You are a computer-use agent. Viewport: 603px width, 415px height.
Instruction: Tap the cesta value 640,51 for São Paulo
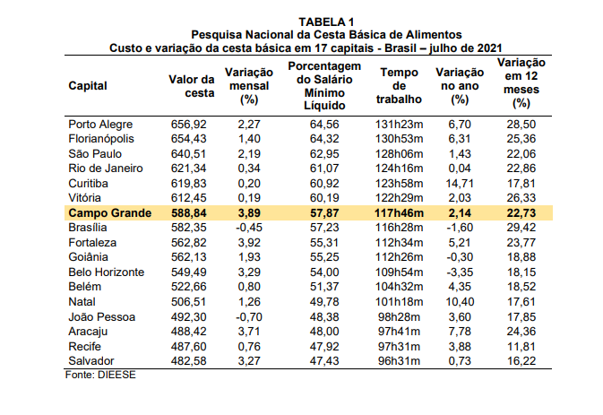(188, 153)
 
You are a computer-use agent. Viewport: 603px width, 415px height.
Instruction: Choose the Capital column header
(88, 86)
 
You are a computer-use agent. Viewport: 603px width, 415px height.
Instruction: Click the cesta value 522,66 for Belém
(188, 287)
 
